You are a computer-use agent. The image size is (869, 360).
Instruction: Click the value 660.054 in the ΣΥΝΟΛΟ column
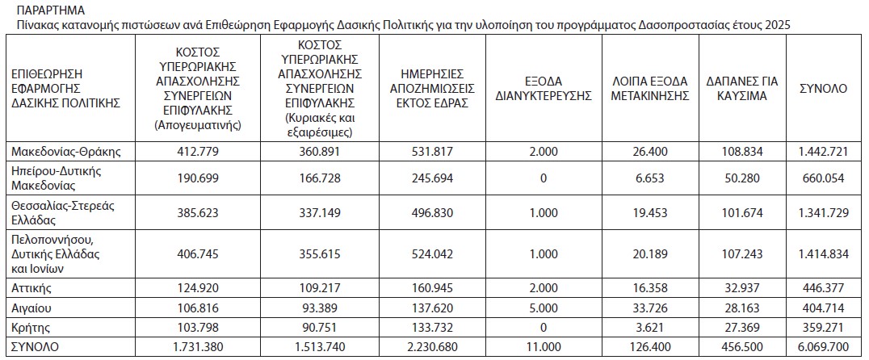(823, 178)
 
